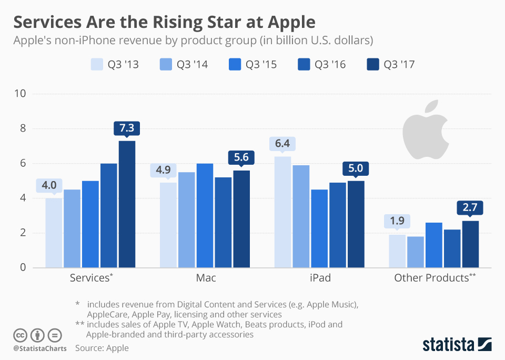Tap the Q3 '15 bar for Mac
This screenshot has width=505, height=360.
point(205,216)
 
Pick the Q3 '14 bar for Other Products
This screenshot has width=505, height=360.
point(416,252)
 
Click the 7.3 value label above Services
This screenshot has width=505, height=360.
point(127,128)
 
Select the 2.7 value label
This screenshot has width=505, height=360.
point(470,208)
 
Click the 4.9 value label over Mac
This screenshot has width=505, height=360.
point(168,171)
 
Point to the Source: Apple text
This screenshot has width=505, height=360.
point(102,348)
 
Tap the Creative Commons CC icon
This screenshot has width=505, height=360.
point(21,335)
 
